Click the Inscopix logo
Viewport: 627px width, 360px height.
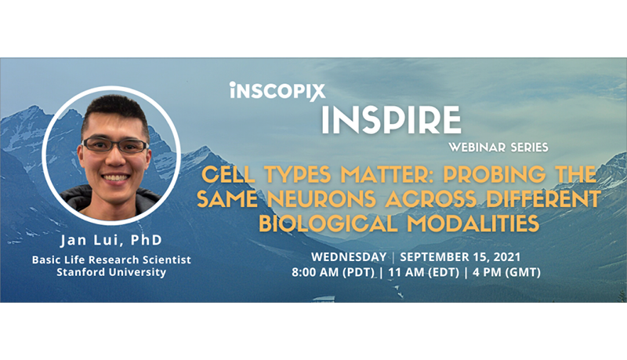pyautogui.click(x=277, y=92)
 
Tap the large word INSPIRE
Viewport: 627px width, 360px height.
pyautogui.click(x=391, y=120)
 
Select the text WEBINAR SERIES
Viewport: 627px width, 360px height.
pyautogui.click(x=498, y=147)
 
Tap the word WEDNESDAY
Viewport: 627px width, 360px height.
pyautogui.click(x=349, y=256)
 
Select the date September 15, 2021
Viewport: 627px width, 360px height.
pyautogui.click(x=460, y=256)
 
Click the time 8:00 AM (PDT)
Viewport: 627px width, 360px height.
pyautogui.click(x=332, y=272)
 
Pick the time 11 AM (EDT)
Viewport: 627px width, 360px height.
pyautogui.click(x=423, y=272)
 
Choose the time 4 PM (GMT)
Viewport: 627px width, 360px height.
pyautogui.click(x=506, y=272)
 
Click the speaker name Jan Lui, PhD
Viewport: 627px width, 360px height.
pyautogui.click(x=111, y=240)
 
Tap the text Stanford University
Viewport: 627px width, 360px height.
pyautogui.click(x=111, y=272)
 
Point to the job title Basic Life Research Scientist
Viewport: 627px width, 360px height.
pyautogui.click(x=111, y=260)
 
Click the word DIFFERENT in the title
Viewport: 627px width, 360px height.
pyautogui.click(x=543, y=198)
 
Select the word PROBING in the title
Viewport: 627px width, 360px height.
pyautogui.click(x=494, y=174)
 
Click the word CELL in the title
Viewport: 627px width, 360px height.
pyautogui.click(x=228, y=174)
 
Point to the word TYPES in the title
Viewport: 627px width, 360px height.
pyautogui.click(x=298, y=174)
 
